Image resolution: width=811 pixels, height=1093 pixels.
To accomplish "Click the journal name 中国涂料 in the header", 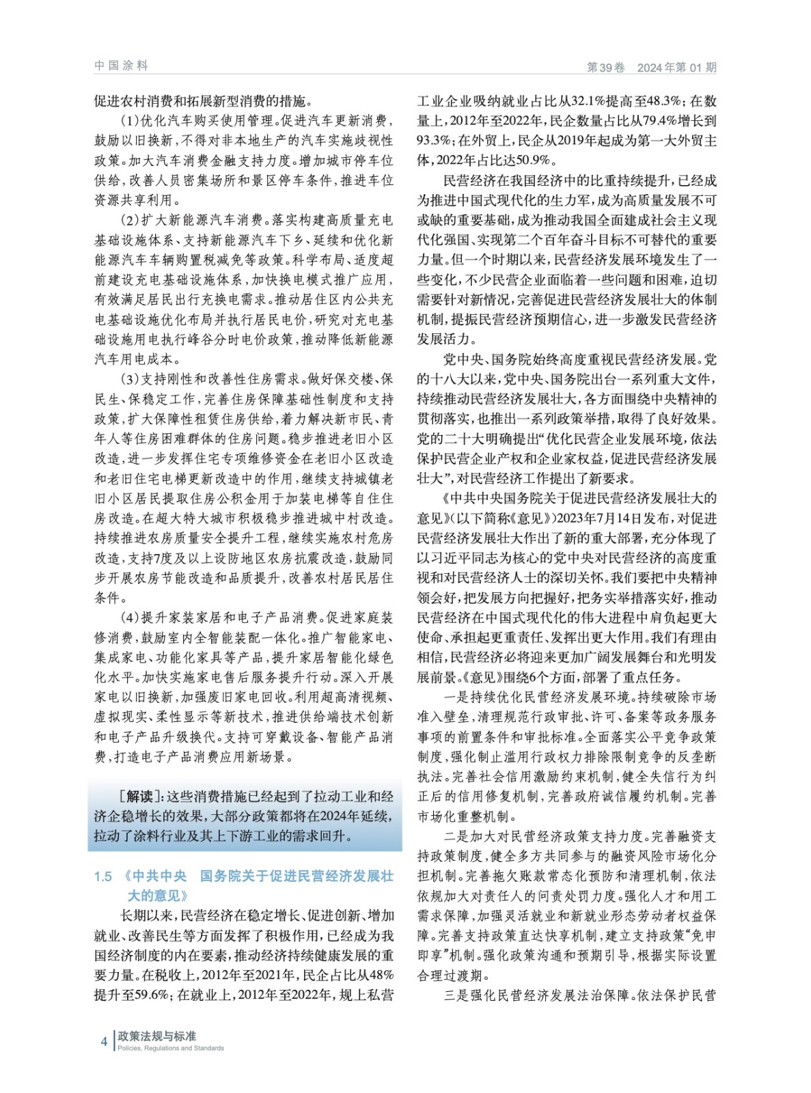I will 121,66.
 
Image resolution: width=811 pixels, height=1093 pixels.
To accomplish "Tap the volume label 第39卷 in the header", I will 606,67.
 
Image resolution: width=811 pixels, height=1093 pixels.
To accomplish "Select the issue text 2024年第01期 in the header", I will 676,67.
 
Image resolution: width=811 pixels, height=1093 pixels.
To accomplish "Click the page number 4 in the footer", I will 104,1041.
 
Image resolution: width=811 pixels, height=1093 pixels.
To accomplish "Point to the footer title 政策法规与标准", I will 156,1036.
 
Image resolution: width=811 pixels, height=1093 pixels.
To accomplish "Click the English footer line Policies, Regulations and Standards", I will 170,1048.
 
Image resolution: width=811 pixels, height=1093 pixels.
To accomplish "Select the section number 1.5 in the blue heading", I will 103,876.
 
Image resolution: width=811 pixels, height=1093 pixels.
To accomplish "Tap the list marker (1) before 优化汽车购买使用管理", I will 130,121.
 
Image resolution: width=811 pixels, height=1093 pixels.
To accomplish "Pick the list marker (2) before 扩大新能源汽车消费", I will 130,220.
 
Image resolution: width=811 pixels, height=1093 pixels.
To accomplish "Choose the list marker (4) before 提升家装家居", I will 130,618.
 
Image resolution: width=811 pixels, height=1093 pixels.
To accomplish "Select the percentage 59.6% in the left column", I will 149,995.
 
